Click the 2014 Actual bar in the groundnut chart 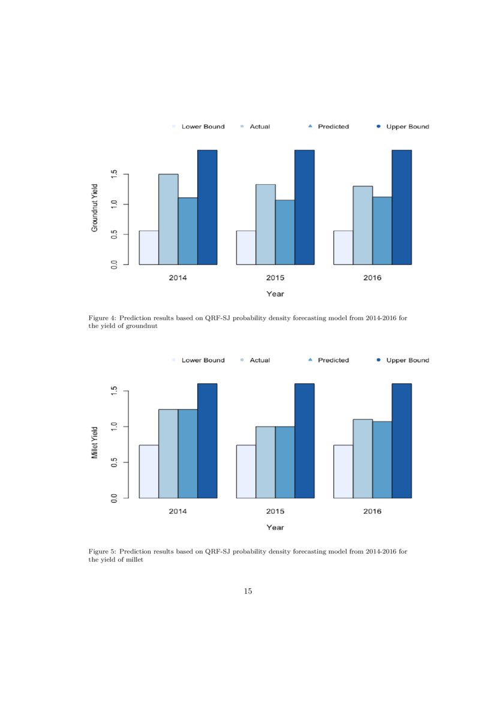coord(168,219)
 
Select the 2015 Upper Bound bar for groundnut coord(304,207)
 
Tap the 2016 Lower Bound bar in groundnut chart coord(343,248)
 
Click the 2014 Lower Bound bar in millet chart coord(149,471)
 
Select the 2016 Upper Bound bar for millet coord(401,441)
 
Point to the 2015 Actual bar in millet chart coord(266,462)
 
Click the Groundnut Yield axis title coord(95,207)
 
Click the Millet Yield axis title coord(95,443)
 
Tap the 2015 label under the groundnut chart coord(275,278)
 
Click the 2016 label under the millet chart coord(372,512)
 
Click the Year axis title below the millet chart coord(275,527)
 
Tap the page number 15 coord(248,591)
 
